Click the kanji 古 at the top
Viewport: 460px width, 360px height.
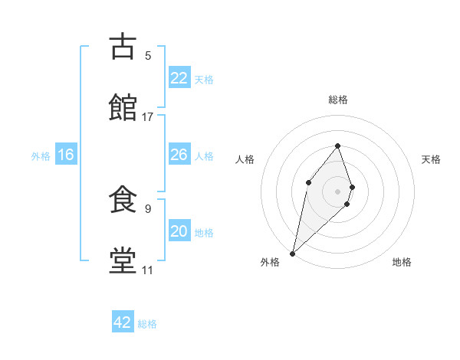(x=123, y=47)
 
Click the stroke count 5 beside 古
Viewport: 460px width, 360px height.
(x=148, y=56)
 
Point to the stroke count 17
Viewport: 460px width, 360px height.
(x=148, y=117)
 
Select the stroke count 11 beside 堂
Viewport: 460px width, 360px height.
(x=147, y=270)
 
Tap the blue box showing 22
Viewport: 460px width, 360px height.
(x=179, y=78)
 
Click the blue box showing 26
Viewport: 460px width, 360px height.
(x=179, y=155)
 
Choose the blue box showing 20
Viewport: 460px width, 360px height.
(x=179, y=231)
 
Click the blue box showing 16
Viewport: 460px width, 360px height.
(x=66, y=155)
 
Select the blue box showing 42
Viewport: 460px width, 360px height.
(x=123, y=322)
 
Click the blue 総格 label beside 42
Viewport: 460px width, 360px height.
(x=147, y=324)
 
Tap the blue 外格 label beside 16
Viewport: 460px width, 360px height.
(x=41, y=155)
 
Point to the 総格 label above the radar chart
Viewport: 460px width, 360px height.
(x=337, y=100)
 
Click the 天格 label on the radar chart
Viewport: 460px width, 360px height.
(x=432, y=159)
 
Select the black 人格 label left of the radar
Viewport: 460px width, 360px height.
(x=245, y=159)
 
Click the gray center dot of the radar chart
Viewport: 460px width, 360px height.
(x=337, y=191)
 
